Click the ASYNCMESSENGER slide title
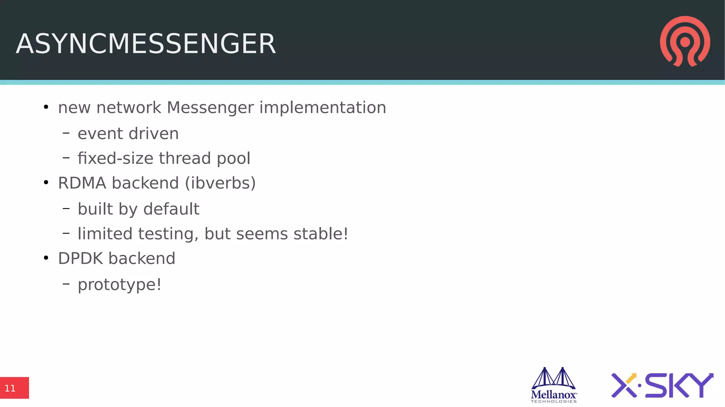pos(145,44)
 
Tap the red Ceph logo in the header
pos(685,41)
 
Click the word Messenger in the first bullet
pos(210,108)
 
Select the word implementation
pos(322,108)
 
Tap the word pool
pos(233,159)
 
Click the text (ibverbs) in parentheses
pos(220,183)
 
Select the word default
pos(171,209)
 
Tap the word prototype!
pos(120,285)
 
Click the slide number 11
pos(10,389)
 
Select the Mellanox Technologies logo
pos(554,385)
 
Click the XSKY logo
pos(662,385)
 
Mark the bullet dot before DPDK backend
pos(46,258)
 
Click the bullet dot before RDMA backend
pos(46,183)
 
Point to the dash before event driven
pos(66,133)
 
